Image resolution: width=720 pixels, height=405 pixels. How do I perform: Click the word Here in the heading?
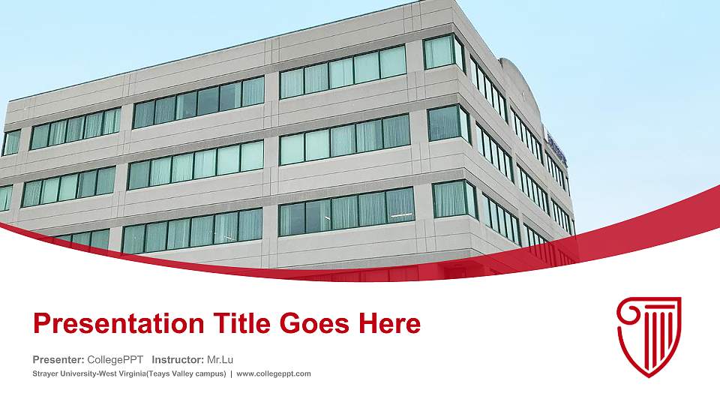pyautogui.click(x=390, y=324)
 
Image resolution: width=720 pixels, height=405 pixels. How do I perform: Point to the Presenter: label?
pyautogui.click(x=58, y=359)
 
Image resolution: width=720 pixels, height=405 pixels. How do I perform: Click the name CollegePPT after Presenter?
pyautogui.click(x=115, y=359)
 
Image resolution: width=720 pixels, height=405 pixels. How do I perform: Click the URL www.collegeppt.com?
pyautogui.click(x=274, y=373)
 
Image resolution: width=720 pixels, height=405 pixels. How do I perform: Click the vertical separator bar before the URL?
pyautogui.click(x=231, y=373)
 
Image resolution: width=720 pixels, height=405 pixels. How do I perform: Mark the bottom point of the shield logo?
pyautogui.click(x=649, y=376)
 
